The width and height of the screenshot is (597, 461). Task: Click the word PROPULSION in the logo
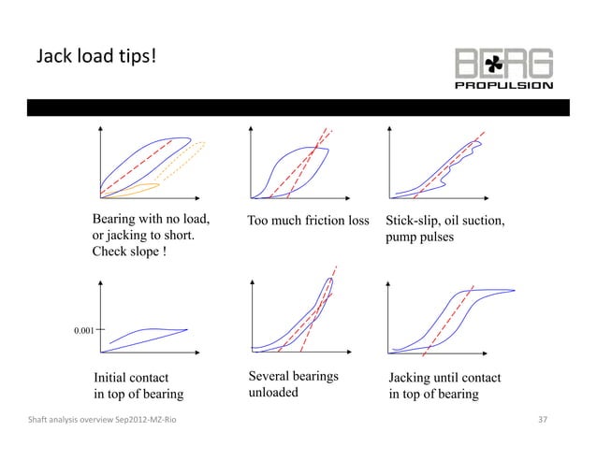point(517,85)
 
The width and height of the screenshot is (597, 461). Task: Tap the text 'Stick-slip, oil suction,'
point(445,222)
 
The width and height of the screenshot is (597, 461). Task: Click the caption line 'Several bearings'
point(293,376)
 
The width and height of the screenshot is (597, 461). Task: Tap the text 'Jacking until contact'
point(444,378)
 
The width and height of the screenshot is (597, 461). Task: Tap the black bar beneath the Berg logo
point(298,106)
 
